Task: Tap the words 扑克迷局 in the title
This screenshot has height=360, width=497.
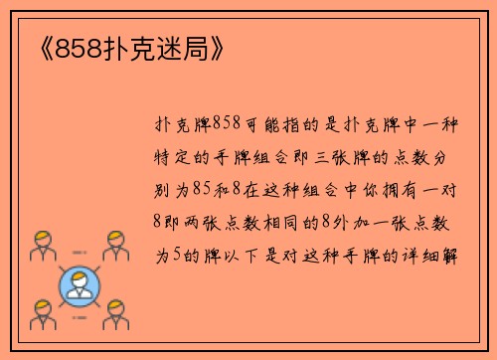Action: [x=155, y=50]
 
